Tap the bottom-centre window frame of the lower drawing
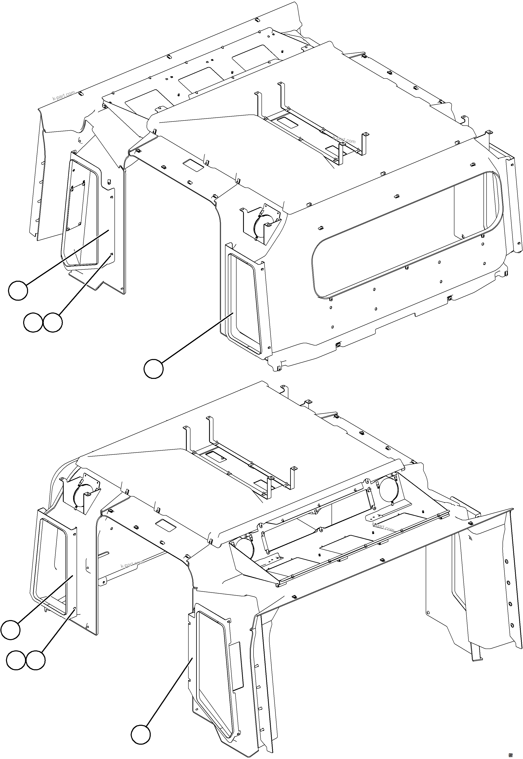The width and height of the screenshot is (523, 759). pos(215,656)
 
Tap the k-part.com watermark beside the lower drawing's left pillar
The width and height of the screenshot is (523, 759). pos(132,564)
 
